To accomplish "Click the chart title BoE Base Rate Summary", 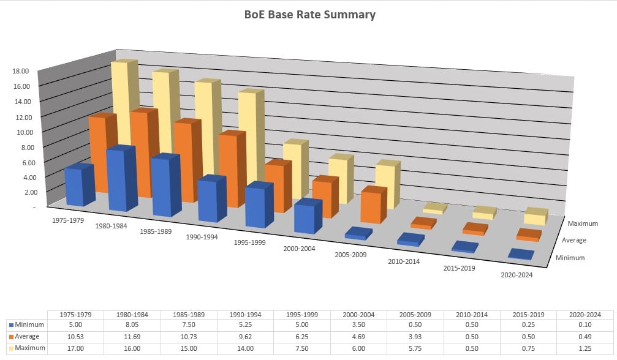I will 308,15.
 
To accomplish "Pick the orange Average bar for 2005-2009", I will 372,206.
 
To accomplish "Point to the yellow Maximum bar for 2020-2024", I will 535,217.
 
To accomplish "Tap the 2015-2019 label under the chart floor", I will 459,268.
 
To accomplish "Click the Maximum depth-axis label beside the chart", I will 583,224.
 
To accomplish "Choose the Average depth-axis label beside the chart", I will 574,241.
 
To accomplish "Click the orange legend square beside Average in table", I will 12,337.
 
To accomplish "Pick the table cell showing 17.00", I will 76,348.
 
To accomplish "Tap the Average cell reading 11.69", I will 123,337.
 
